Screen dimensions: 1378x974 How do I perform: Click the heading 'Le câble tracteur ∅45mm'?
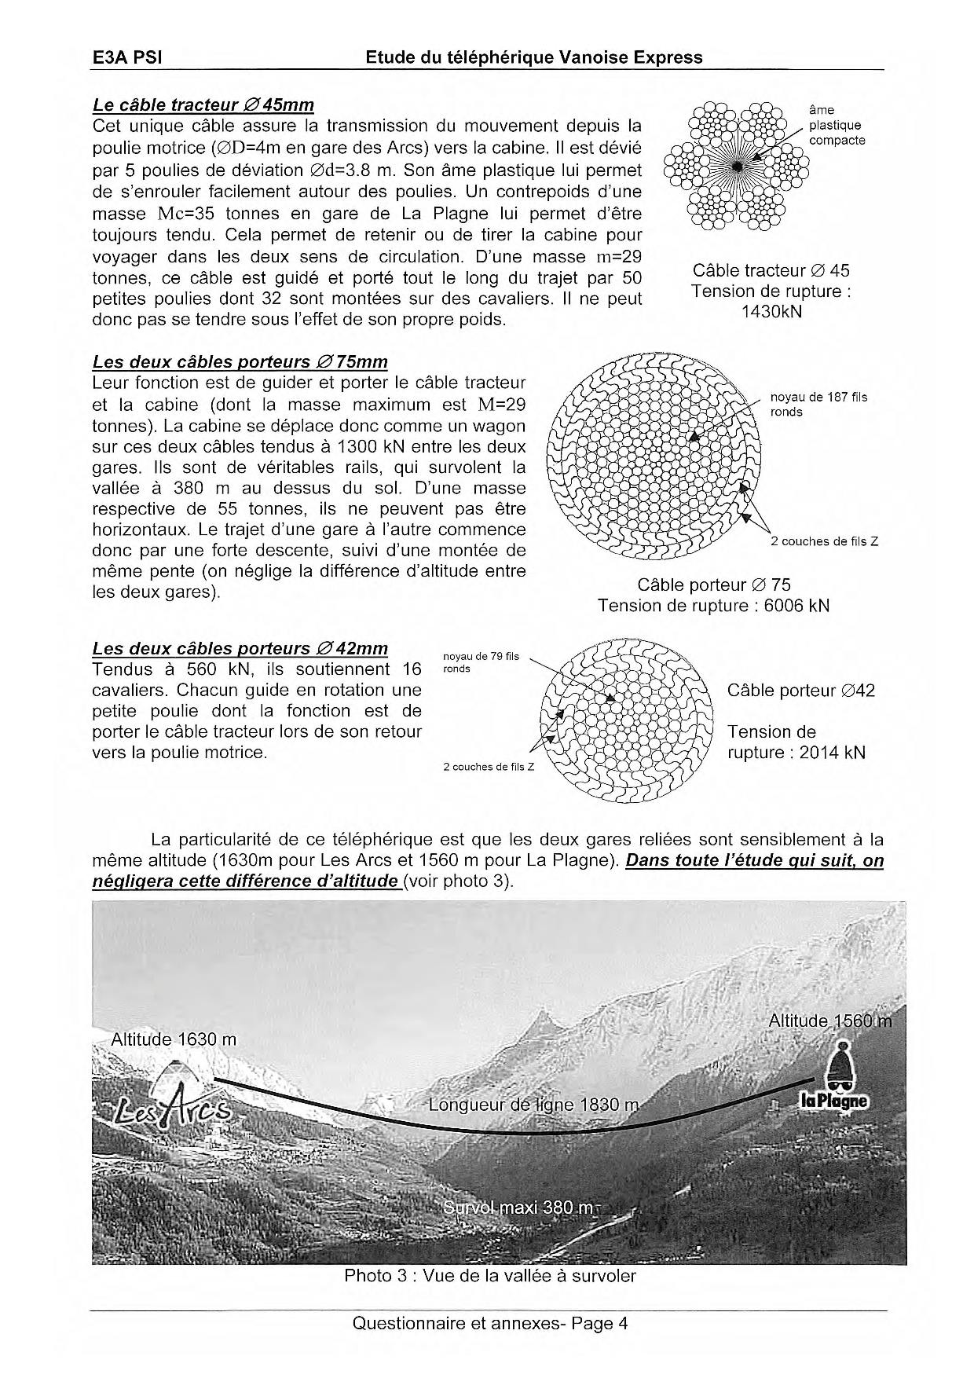[203, 104]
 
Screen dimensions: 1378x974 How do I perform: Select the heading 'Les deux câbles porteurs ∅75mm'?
[240, 361]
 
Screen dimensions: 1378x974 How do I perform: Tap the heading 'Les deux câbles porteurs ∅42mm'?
[240, 648]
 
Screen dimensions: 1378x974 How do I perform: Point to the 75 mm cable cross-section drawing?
[654, 456]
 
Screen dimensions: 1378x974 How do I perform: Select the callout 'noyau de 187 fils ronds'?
[818, 405]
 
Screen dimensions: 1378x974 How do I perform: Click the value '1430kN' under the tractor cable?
[771, 311]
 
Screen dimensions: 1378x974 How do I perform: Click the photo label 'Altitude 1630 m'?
[174, 1039]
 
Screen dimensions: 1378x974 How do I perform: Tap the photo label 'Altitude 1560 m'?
[829, 1021]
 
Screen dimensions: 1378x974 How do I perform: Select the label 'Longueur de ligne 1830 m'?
[534, 1105]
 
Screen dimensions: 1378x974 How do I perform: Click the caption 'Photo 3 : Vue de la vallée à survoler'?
[489, 1276]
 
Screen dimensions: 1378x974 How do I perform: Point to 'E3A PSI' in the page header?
[127, 57]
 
